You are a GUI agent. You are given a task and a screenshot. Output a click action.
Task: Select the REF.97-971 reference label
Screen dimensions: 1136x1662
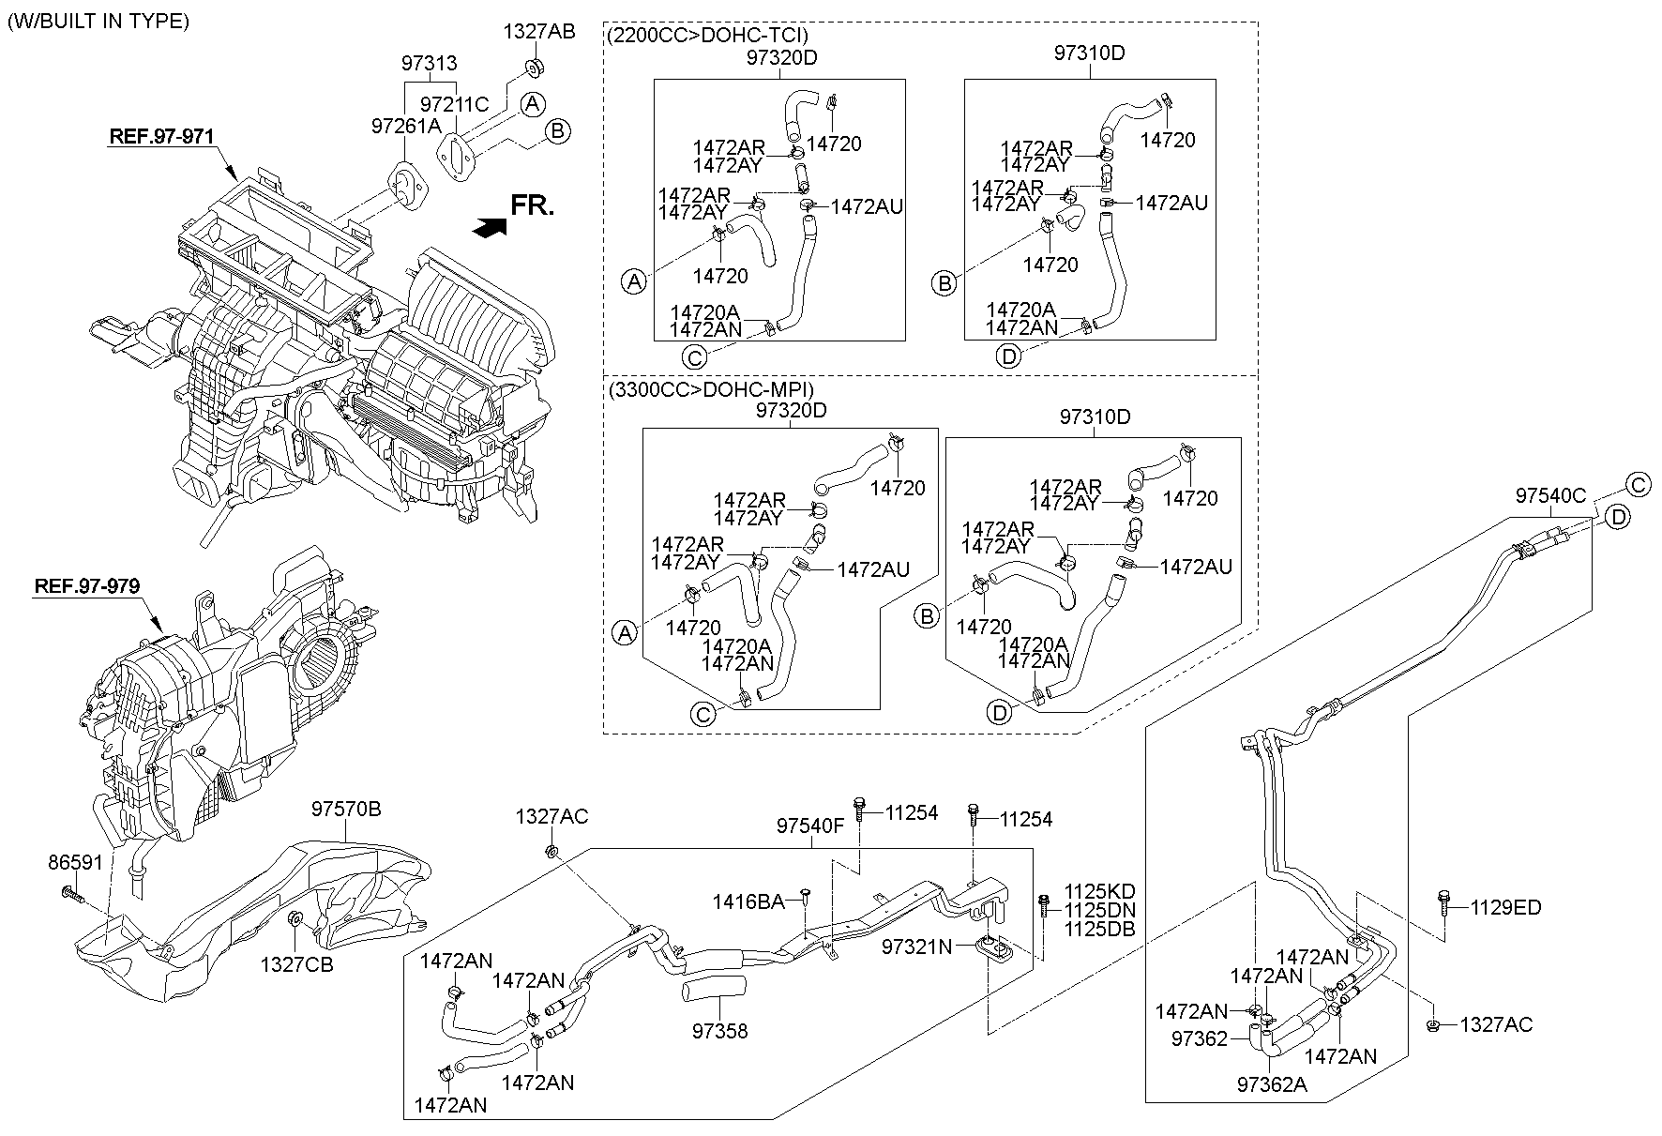pos(161,136)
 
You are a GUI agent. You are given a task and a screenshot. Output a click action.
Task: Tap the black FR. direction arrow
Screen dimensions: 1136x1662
pos(491,227)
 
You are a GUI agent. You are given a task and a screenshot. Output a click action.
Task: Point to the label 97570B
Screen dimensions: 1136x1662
pos(346,809)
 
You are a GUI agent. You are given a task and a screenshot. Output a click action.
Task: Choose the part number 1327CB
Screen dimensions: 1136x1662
pos(296,963)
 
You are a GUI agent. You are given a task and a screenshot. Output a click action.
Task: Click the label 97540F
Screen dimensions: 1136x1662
pos(810,825)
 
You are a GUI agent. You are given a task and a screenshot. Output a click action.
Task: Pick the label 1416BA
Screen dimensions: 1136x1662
pos(748,901)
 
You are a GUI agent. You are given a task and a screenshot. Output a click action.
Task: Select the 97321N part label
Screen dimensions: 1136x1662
pos(916,947)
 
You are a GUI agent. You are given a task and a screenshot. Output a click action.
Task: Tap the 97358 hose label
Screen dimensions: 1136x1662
pos(720,1031)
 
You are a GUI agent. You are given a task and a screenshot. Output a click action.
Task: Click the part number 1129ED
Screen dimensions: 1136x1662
pos(1505,907)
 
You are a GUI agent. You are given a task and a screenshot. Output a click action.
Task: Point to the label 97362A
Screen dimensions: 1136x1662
pos(1271,1084)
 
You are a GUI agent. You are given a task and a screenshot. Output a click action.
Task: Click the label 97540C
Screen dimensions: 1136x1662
pos(1549,495)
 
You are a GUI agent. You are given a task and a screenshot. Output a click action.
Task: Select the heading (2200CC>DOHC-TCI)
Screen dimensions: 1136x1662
pos(707,36)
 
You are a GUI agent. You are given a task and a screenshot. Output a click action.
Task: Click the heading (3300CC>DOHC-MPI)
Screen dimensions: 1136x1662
pos(710,388)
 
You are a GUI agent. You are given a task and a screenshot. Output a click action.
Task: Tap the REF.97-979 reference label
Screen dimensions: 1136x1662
pos(87,586)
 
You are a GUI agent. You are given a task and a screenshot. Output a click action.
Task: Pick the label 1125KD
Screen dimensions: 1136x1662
pos(1098,891)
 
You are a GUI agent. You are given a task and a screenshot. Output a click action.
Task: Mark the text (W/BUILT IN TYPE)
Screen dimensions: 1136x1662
pos(98,20)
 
